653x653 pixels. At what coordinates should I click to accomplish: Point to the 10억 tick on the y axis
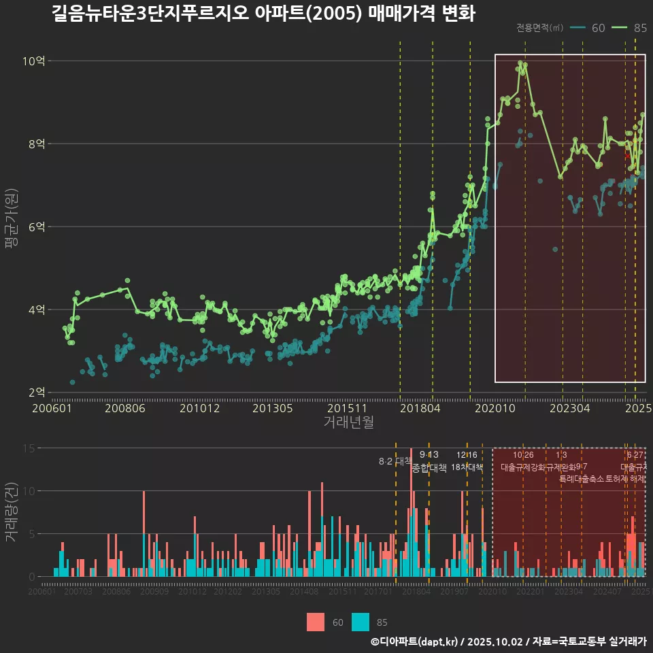(x=34, y=61)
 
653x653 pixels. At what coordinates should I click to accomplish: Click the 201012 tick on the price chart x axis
(x=198, y=408)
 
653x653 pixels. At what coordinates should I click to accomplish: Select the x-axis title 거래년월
(x=348, y=422)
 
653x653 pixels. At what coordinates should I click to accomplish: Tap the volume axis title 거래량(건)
(x=11, y=512)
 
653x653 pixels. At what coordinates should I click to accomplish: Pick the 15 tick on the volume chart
(x=29, y=448)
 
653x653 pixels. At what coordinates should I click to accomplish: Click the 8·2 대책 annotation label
(x=395, y=461)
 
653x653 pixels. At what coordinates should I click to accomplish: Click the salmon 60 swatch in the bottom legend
(x=316, y=622)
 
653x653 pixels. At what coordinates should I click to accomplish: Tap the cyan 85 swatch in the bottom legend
(x=361, y=622)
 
